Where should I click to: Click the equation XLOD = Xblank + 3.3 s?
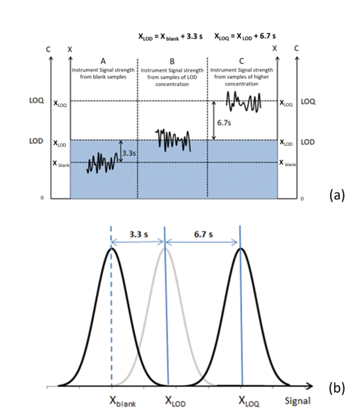(170, 36)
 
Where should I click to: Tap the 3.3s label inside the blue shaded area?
(129, 152)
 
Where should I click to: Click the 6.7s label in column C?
(224, 122)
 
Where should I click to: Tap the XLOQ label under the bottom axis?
(251, 401)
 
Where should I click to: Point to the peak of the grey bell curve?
(165, 249)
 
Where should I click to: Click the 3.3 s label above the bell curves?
(138, 234)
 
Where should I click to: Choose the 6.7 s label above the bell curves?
(202, 234)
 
